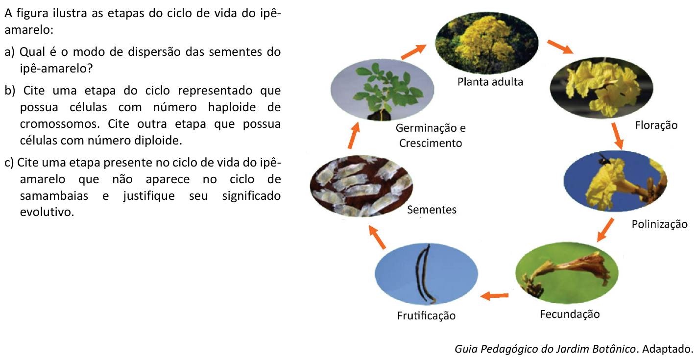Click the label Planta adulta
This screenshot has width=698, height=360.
[490, 82]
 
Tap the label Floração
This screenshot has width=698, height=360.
[656, 125]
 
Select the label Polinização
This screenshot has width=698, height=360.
[659, 224]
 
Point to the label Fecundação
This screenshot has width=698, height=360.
[570, 314]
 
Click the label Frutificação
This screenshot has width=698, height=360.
[426, 316]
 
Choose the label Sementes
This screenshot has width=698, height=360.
[432, 210]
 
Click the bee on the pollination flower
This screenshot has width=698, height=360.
[603, 159]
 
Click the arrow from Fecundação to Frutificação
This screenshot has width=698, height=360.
[495, 295]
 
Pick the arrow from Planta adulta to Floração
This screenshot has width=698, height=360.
[560, 47]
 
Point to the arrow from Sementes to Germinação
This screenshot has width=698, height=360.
[354, 135]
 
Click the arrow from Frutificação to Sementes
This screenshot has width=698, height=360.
[377, 237]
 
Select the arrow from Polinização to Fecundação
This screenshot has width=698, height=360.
[605, 230]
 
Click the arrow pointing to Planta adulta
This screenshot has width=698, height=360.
[413, 52]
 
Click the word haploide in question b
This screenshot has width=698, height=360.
[232, 107]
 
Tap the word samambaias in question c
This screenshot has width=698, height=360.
[54, 196]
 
